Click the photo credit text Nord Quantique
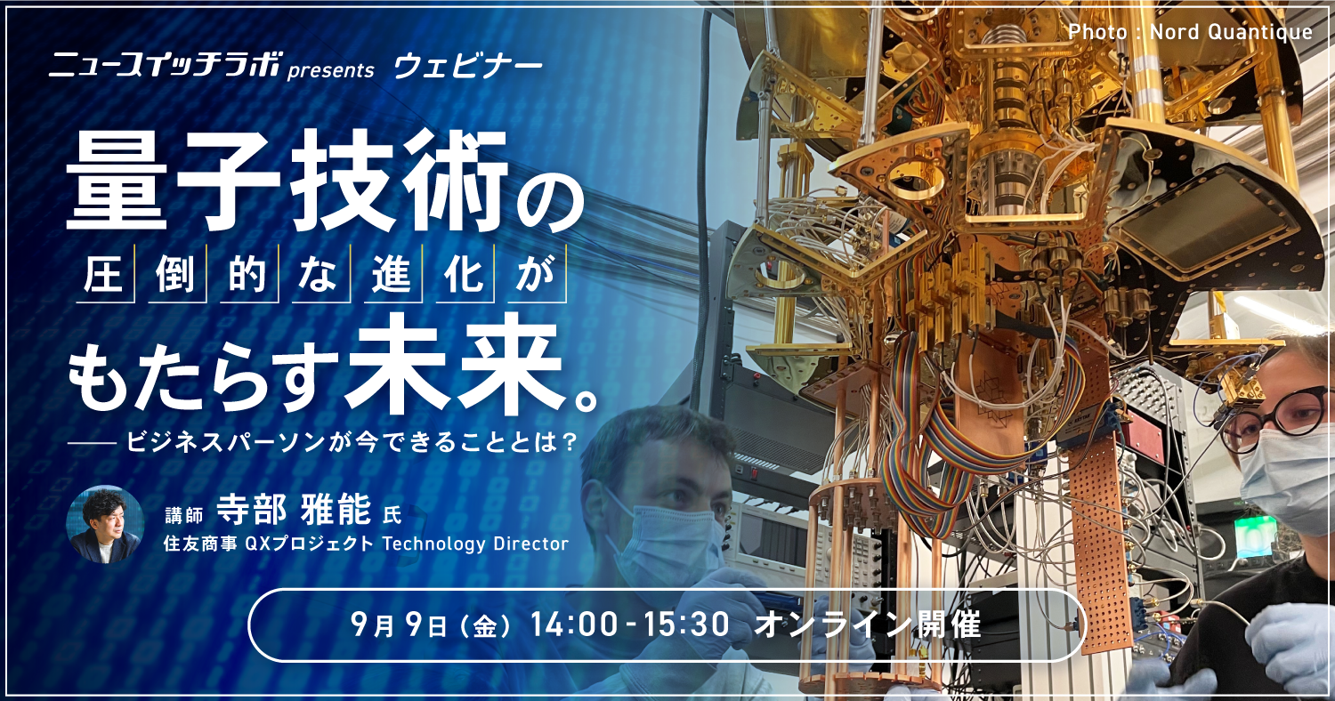click(1231, 31)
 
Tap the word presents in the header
click(331, 71)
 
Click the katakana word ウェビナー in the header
click(468, 67)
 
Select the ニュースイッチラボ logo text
click(163, 65)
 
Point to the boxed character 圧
click(103, 275)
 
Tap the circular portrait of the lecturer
click(105, 525)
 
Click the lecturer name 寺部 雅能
click(293, 510)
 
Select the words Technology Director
click(475, 544)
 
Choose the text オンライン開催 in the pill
click(867, 624)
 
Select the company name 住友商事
click(200, 544)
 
